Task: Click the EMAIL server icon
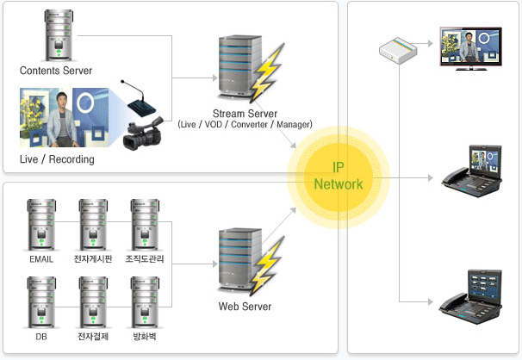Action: pyautogui.click(x=40, y=224)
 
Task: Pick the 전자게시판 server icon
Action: pyautogui.click(x=93, y=224)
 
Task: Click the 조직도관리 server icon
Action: pyautogui.click(x=145, y=224)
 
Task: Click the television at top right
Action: pyautogui.click(x=470, y=47)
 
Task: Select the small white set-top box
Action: pyautogui.click(x=398, y=53)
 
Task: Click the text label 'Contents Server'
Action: pyautogui.click(x=55, y=70)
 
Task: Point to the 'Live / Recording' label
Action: pyautogui.click(x=57, y=159)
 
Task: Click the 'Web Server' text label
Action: pyautogui.click(x=245, y=307)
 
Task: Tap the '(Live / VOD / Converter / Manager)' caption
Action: pyautogui.click(x=245, y=125)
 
